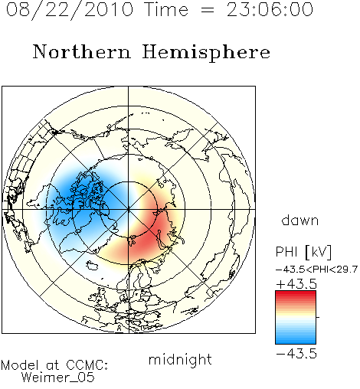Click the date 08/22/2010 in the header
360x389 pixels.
[70, 10]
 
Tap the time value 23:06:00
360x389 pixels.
[270, 10]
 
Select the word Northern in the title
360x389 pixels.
[82, 52]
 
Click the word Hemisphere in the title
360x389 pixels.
[206, 53]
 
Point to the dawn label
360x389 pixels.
[300, 221]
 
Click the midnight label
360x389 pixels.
[180, 360]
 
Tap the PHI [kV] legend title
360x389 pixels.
[303, 252]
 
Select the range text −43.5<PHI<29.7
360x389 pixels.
[316, 270]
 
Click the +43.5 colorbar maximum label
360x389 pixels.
[296, 284]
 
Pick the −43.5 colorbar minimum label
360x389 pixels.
[296, 354]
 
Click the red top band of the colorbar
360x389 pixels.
[296, 294]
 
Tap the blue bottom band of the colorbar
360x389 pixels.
[296, 341]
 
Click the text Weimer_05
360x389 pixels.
[58, 378]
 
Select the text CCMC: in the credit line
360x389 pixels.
[87, 365]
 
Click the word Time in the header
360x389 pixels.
[166, 10]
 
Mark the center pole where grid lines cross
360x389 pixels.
[129, 210]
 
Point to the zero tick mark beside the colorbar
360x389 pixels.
[318, 317]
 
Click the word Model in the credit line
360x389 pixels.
[20, 365]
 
